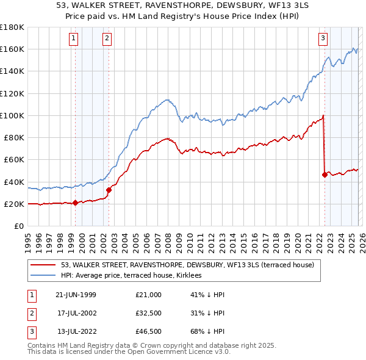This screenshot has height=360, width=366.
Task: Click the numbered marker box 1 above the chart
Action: point(73,38)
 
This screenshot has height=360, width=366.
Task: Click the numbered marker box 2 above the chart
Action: point(107,38)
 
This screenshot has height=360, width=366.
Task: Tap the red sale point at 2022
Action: point(325,175)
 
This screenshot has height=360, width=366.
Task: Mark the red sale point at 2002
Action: point(109,190)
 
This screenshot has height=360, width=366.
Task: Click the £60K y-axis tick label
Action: point(13,159)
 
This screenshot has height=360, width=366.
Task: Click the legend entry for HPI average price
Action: point(135,276)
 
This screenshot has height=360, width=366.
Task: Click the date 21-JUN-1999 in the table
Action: point(76,295)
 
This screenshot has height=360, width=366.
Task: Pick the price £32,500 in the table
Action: point(149,313)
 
